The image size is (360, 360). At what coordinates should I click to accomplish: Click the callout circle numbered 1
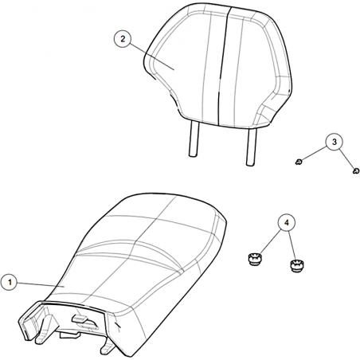(x=10, y=282)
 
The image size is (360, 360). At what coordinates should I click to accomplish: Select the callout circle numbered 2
(x=123, y=39)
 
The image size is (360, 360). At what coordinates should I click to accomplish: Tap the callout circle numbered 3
(x=334, y=142)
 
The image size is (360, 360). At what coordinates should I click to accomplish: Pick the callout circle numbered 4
(x=287, y=223)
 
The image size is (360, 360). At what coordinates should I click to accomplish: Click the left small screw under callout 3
(x=299, y=162)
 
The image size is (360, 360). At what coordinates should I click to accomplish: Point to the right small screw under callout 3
(x=356, y=171)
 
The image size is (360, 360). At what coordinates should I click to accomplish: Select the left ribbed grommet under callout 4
(x=255, y=259)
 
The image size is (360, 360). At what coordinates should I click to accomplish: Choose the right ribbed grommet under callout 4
(x=297, y=266)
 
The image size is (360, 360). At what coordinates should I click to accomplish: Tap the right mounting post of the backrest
(x=251, y=147)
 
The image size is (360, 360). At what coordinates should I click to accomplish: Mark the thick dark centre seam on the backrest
(x=223, y=66)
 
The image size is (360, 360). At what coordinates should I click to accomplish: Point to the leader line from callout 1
(x=41, y=284)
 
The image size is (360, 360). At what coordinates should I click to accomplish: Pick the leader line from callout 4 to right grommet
(x=292, y=246)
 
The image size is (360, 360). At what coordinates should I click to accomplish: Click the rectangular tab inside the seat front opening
(x=80, y=318)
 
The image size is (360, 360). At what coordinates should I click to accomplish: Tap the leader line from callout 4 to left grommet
(x=270, y=241)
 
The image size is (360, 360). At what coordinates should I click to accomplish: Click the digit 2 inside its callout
(x=123, y=39)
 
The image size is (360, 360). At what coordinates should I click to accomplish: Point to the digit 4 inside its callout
(x=287, y=223)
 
